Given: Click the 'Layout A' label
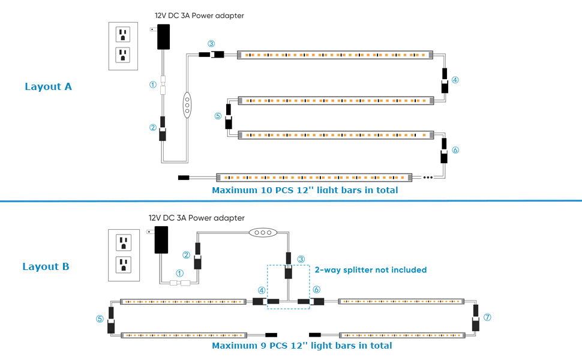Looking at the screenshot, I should coord(48,86).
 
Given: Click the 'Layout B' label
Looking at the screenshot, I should coord(49,266).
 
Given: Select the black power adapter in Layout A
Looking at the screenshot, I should coord(163,36).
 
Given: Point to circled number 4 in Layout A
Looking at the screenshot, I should coord(455,79).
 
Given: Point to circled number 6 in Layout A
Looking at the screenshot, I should coord(455,150).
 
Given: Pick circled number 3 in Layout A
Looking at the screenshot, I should coord(211,44).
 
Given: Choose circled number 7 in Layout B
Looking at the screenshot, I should coord(487,317).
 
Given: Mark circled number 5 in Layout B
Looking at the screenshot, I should coord(100,319).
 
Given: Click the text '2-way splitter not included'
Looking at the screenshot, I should coord(370,270).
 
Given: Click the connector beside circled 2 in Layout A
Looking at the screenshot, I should coord(163,129).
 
